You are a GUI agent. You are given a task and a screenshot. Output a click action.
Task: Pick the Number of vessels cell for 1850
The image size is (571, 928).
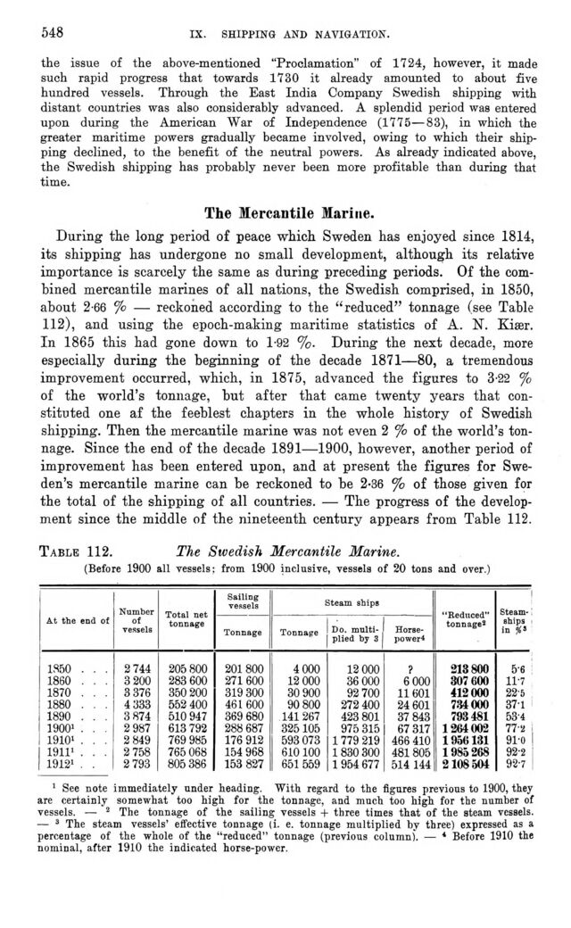[x=135, y=667]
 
